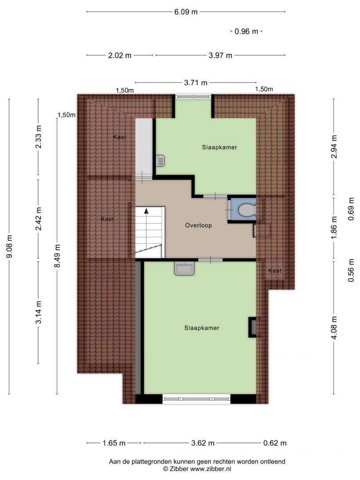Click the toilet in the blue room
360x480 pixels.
(x=247, y=210)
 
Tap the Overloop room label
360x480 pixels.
(x=198, y=225)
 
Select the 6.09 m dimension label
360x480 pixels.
(x=186, y=12)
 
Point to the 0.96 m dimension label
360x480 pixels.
(x=246, y=31)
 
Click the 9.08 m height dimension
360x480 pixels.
(x=9, y=246)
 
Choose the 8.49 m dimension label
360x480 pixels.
(x=57, y=256)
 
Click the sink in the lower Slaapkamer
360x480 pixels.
(x=184, y=268)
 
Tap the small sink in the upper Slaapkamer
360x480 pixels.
(x=160, y=161)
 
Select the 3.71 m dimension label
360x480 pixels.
(x=196, y=83)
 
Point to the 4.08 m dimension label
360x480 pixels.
(x=334, y=328)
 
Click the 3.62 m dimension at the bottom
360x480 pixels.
(x=203, y=443)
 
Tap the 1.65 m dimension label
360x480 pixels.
(x=114, y=443)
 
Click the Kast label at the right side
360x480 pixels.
(x=275, y=271)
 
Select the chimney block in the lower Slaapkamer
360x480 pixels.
(x=252, y=327)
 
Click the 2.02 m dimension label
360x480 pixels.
(x=120, y=56)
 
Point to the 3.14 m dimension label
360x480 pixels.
(x=38, y=312)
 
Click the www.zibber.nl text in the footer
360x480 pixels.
(x=211, y=469)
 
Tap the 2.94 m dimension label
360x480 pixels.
(x=334, y=147)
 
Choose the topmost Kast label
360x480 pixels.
(x=120, y=137)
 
